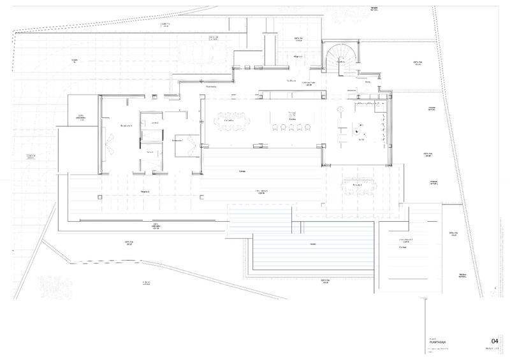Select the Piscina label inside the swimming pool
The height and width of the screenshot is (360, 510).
pos(312,245)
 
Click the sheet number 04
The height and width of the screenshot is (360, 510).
pos(494,341)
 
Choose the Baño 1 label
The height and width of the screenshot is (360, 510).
pos(150,154)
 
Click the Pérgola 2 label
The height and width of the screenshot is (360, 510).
pos(144,191)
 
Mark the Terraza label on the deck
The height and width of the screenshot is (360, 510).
pos(242,171)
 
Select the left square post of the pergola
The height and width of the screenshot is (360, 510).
pos(101,198)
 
